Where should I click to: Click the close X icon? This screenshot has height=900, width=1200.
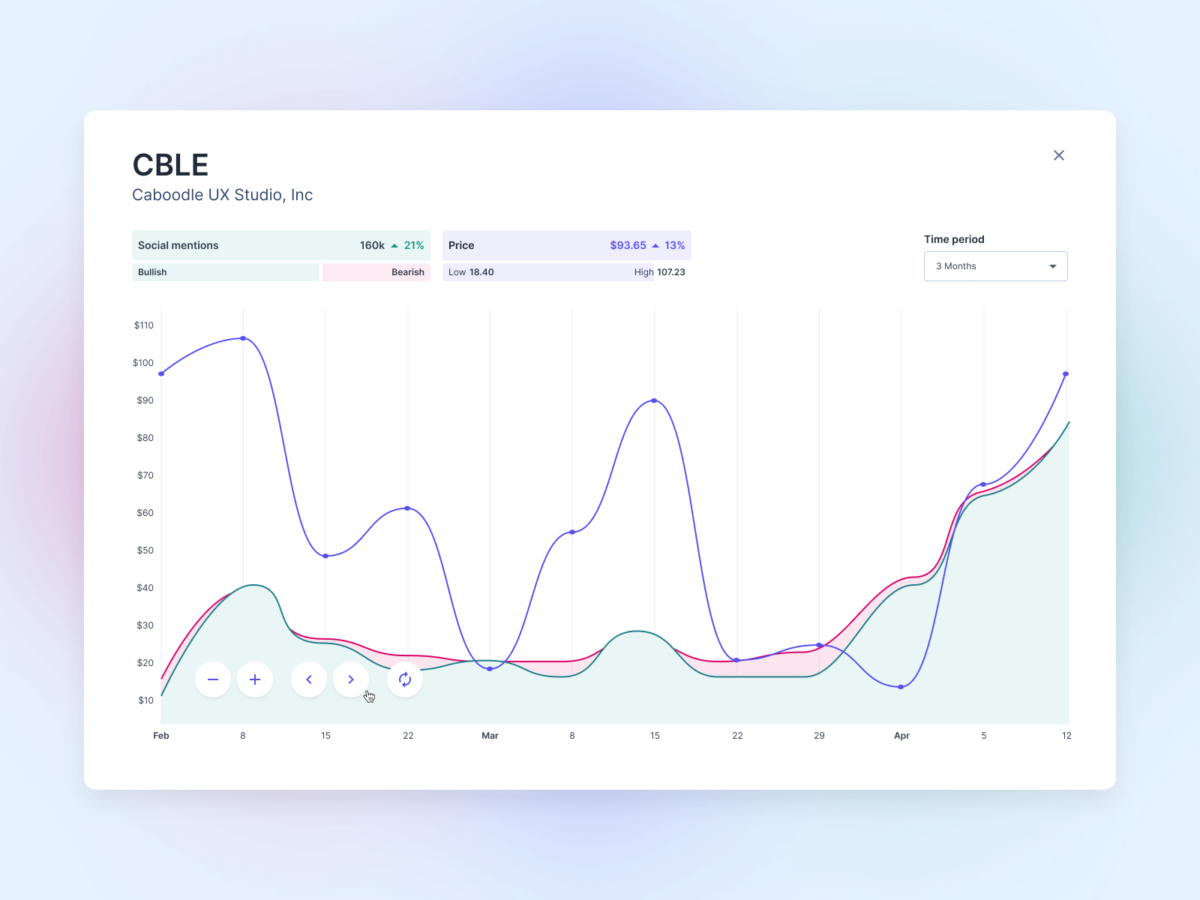pyautogui.click(x=1058, y=155)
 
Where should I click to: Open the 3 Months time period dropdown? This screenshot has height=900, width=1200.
pyautogui.click(x=995, y=266)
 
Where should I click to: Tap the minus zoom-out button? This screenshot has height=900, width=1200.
pyautogui.click(x=213, y=679)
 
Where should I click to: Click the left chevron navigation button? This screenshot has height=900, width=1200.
pyautogui.click(x=309, y=679)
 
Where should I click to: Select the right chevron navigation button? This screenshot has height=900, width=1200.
pyautogui.click(x=351, y=679)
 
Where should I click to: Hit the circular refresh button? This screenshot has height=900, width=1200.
pyautogui.click(x=405, y=679)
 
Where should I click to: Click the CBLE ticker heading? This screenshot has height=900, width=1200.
pyautogui.click(x=170, y=165)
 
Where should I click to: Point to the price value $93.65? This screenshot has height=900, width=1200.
pyautogui.click(x=628, y=245)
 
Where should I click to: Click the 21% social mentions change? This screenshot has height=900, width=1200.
pyautogui.click(x=414, y=245)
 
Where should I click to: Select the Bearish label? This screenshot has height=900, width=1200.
pyautogui.click(x=407, y=272)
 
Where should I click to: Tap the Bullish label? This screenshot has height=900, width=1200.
pyautogui.click(x=152, y=272)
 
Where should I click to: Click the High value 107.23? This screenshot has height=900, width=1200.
pyautogui.click(x=670, y=272)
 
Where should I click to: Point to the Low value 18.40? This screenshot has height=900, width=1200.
pyautogui.click(x=481, y=272)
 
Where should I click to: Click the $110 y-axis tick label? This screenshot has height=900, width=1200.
pyautogui.click(x=144, y=325)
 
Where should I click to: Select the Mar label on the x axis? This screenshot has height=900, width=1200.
pyautogui.click(x=490, y=736)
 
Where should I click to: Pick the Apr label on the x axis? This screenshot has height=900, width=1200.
pyautogui.click(x=901, y=736)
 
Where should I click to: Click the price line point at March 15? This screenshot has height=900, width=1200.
pyautogui.click(x=655, y=400)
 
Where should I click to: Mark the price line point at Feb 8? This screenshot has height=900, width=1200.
pyautogui.click(x=243, y=338)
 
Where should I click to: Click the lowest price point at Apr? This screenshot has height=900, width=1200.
pyautogui.click(x=901, y=687)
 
